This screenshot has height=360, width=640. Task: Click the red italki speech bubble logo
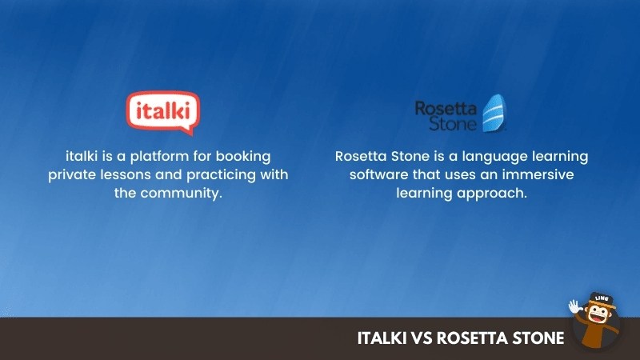(163, 112)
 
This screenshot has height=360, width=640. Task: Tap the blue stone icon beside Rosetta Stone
(494, 113)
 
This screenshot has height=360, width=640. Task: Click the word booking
(243, 156)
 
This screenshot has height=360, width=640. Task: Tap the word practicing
(221, 175)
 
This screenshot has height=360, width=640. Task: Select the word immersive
(538, 174)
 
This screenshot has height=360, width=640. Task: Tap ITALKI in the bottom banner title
(382, 338)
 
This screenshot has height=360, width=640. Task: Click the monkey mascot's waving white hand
(574, 306)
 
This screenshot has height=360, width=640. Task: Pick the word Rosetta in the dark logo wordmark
(446, 109)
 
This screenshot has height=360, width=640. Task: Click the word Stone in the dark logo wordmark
(453, 124)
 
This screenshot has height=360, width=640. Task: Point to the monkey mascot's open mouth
(598, 318)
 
